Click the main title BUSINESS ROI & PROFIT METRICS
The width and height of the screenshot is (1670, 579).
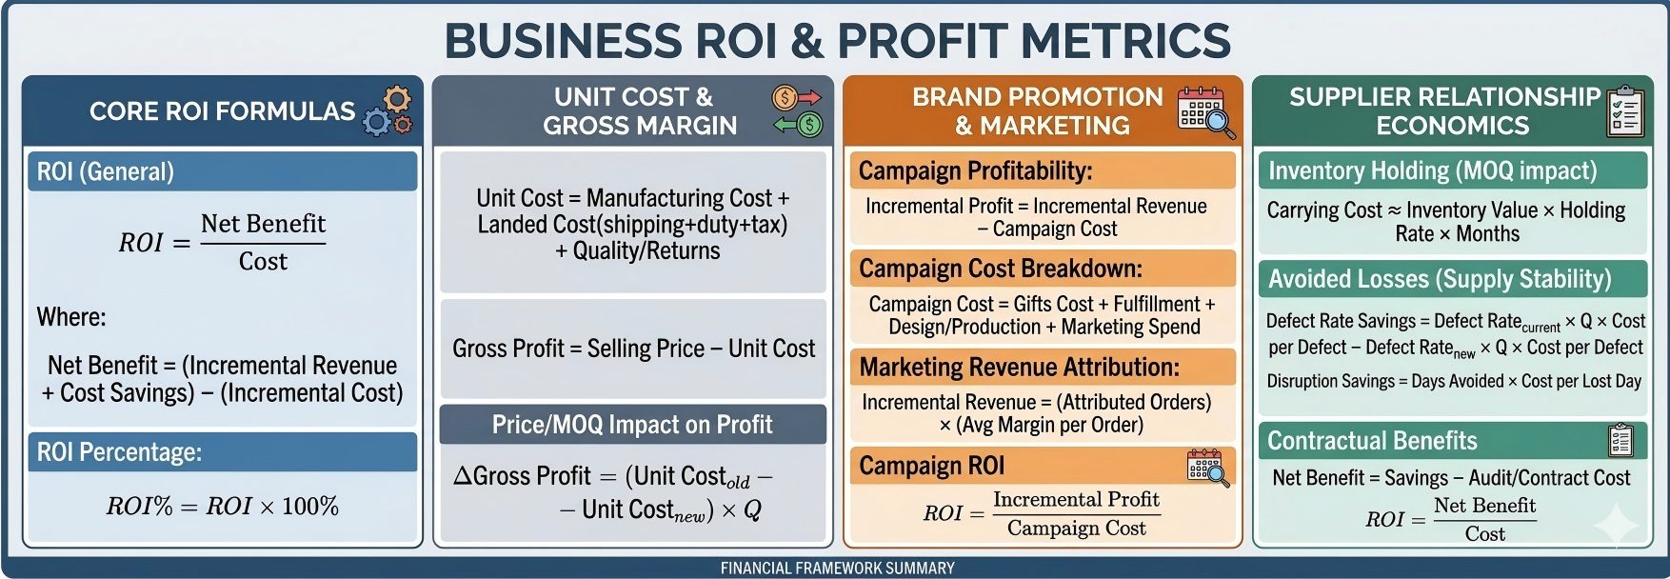pos(837,41)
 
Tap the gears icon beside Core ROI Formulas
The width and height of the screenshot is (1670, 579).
pos(389,111)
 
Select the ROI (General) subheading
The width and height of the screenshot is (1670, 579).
pos(106,171)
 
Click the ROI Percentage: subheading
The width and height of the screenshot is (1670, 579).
pos(119,451)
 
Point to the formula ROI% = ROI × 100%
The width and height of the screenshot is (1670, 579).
pos(223,506)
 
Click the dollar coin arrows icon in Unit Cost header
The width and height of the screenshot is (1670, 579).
pos(797,110)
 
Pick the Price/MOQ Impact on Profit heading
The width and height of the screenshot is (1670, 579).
pos(632,425)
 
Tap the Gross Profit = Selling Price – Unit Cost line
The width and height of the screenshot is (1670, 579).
pos(633,349)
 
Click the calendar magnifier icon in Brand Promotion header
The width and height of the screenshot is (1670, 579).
pos(1206,111)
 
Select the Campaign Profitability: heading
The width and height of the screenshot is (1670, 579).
pos(975,170)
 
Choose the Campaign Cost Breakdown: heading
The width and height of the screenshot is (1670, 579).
pos(1001,269)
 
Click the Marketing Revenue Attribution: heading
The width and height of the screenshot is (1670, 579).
pos(1020,367)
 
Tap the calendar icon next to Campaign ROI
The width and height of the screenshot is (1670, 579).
pos(1208,468)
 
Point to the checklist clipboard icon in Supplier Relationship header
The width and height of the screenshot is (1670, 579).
pos(1625,110)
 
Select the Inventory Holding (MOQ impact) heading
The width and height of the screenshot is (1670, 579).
pos(1432,170)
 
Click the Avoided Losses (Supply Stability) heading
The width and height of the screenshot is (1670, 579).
pos(1440,279)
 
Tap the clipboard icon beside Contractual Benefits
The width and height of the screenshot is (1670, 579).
pos(1620,440)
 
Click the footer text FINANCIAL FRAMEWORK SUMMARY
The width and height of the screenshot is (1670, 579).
pos(837,569)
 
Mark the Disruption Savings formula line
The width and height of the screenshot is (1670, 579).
pos(1454,381)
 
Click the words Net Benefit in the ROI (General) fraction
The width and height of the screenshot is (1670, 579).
pos(263,224)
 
